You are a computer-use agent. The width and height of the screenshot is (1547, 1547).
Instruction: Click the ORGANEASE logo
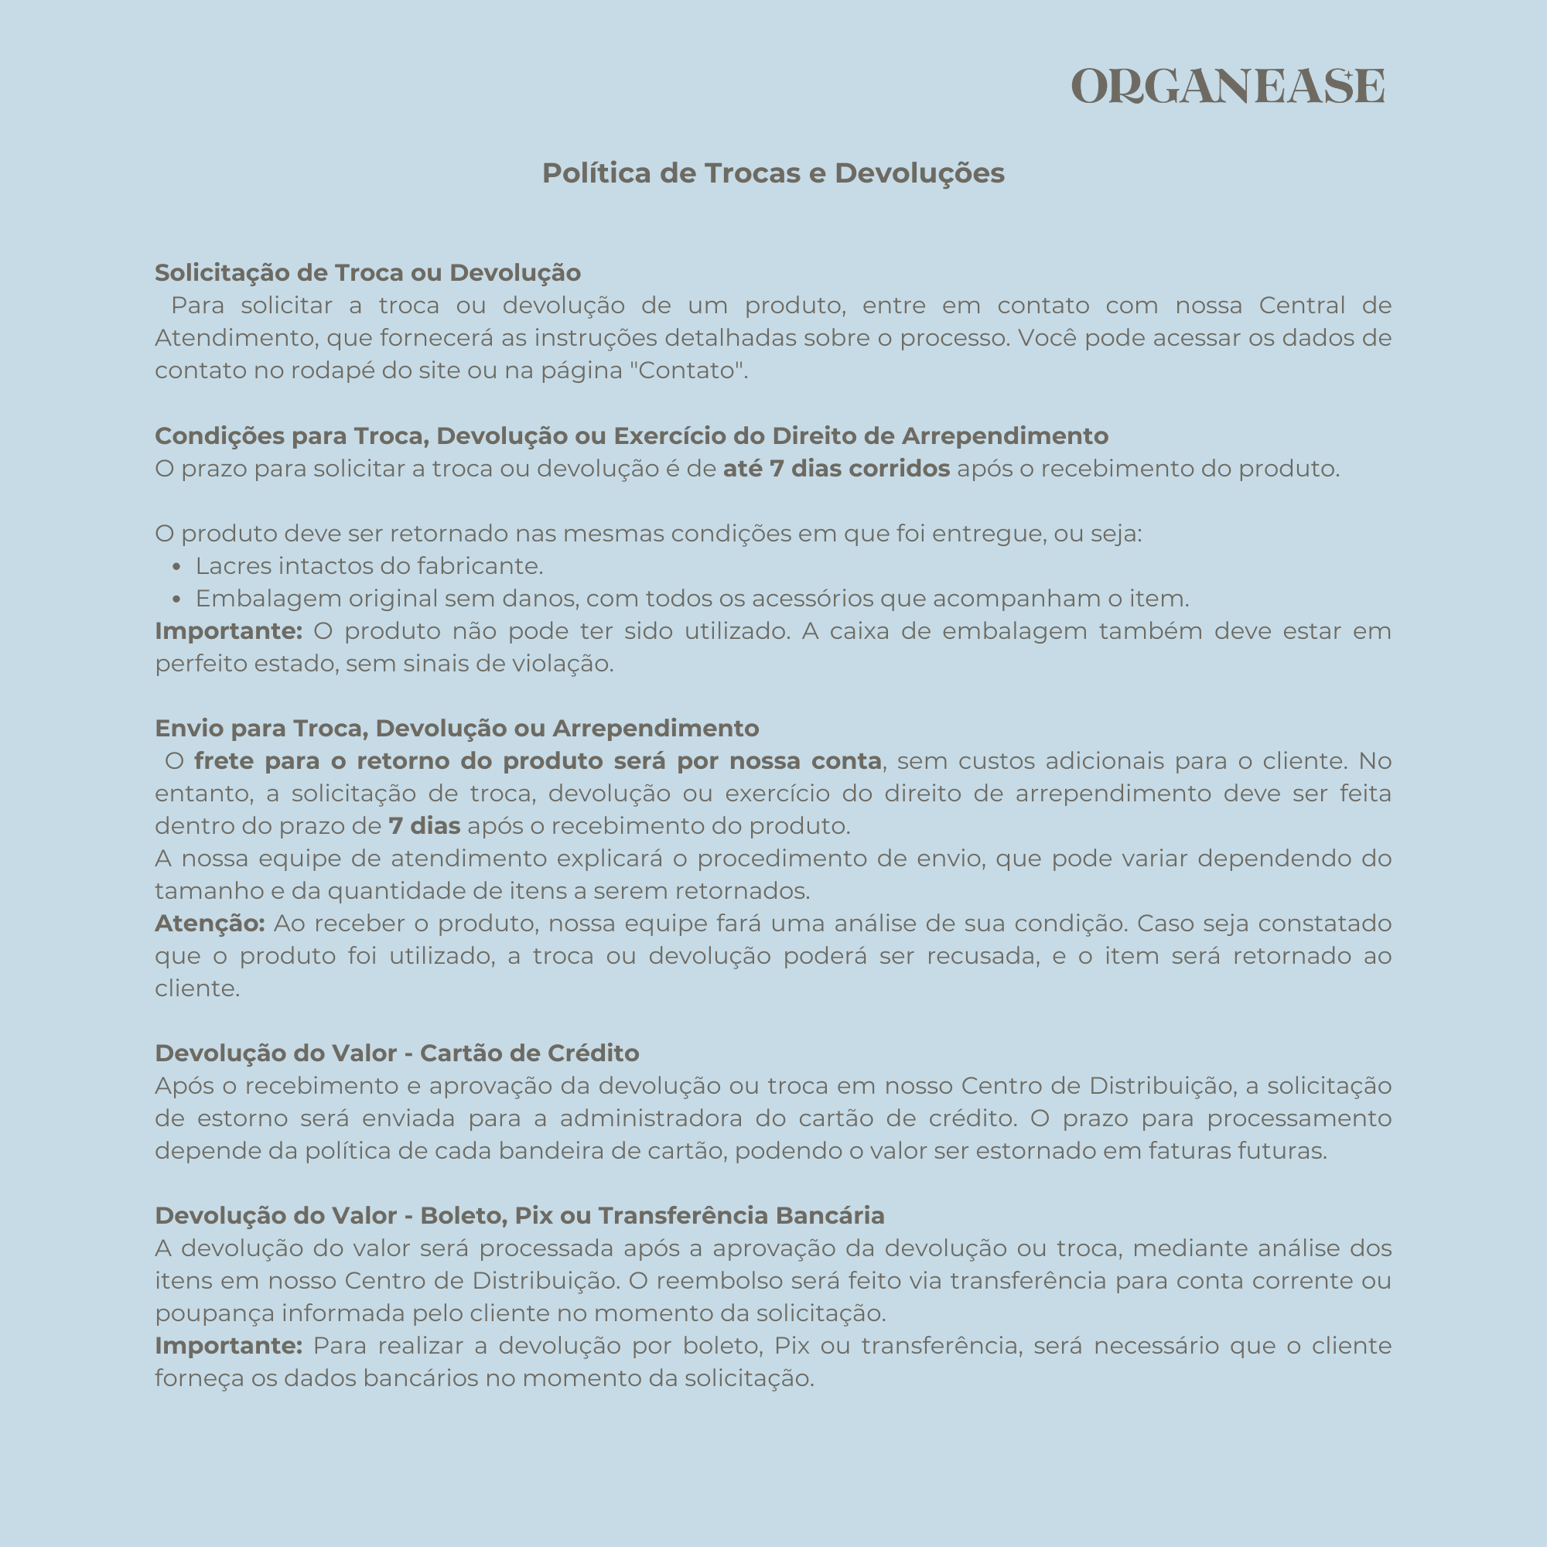(1228, 87)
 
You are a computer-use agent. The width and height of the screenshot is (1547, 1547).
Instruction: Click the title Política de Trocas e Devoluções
(773, 173)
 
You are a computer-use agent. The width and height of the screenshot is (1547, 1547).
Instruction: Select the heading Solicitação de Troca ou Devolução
(367, 273)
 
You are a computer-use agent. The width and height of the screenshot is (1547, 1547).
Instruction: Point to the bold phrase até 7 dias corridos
(836, 469)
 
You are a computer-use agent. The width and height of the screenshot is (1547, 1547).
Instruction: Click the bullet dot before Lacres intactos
(177, 568)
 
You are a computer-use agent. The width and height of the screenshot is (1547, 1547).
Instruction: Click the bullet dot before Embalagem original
(177, 599)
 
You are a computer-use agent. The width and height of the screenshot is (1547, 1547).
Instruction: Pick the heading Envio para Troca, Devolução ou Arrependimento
(456, 728)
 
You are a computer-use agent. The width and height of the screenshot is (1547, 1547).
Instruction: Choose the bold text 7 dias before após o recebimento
(425, 825)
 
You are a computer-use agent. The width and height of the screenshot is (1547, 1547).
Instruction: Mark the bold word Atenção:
(210, 924)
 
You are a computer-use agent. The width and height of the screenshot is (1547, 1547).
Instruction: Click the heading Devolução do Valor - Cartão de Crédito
(397, 1053)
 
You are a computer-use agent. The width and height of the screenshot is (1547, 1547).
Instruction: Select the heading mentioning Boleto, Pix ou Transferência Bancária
(520, 1215)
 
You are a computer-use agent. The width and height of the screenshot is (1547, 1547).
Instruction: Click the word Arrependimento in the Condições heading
(1005, 435)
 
